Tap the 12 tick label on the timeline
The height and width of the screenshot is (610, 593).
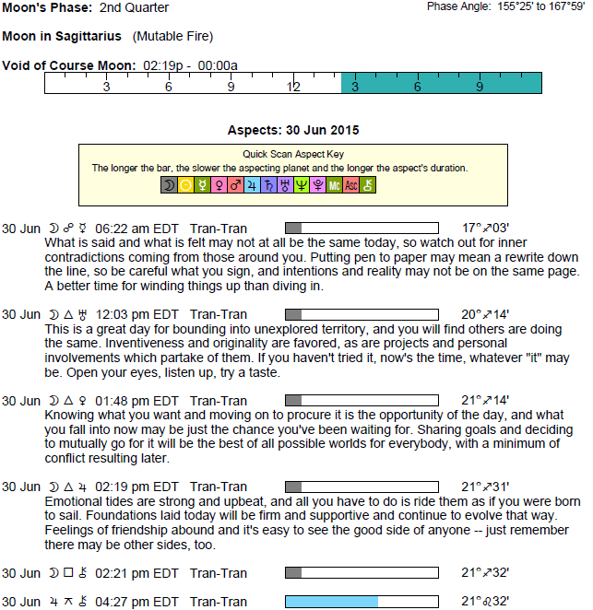(293, 87)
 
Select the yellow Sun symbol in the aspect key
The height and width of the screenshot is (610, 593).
(186, 185)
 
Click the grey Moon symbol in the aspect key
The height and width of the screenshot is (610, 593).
(169, 185)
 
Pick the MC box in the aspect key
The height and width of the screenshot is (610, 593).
(334, 185)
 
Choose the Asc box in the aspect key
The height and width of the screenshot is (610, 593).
(351, 185)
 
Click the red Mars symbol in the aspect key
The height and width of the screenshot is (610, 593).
(235, 185)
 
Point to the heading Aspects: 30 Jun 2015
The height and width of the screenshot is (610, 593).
(292, 130)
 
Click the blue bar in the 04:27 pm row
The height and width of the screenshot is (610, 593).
(331, 602)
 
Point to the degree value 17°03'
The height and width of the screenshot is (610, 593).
(485, 228)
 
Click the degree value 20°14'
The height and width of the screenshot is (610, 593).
(485, 314)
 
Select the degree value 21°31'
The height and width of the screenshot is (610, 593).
(485, 487)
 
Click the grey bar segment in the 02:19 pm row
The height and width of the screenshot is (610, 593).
(293, 487)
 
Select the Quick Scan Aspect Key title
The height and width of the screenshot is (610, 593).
(293, 154)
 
